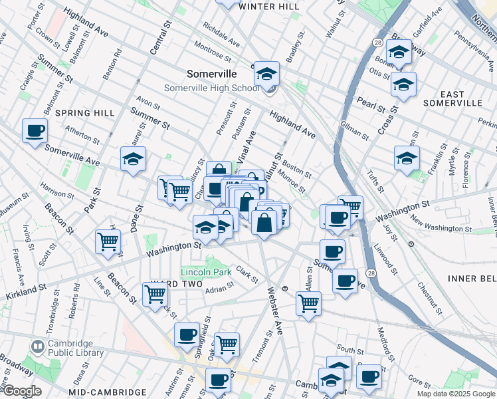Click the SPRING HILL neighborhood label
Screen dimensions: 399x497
85,113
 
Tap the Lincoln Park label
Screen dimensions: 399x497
206,273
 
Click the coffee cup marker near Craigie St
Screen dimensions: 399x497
35,131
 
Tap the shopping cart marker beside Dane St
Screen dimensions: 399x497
108,243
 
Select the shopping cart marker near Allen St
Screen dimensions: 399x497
308,304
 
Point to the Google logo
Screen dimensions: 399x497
22,391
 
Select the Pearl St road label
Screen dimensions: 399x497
365,104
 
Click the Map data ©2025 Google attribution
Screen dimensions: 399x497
455,394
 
